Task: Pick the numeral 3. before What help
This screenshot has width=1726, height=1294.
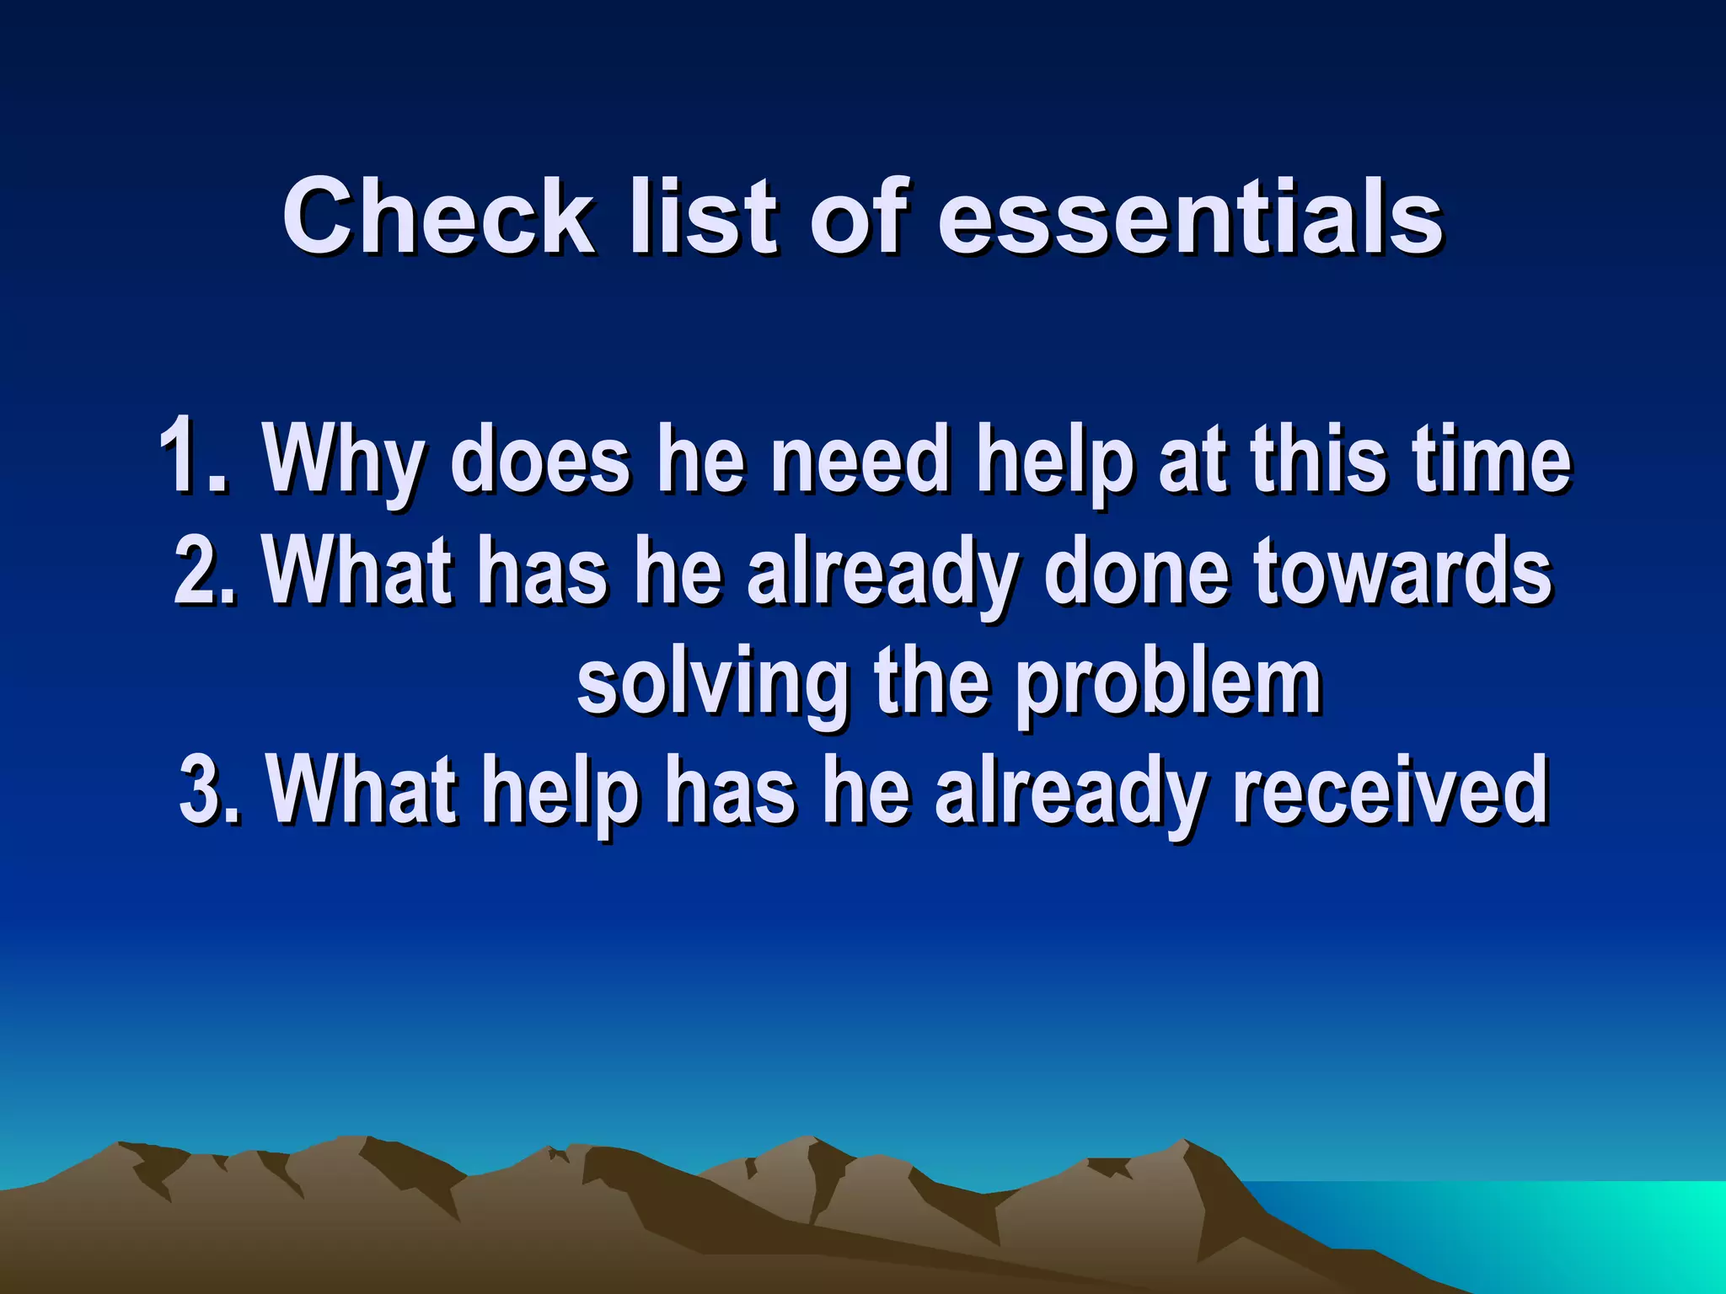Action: (x=210, y=789)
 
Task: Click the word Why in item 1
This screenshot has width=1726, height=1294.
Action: (x=342, y=462)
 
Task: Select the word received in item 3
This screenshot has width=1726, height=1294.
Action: (x=1390, y=789)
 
